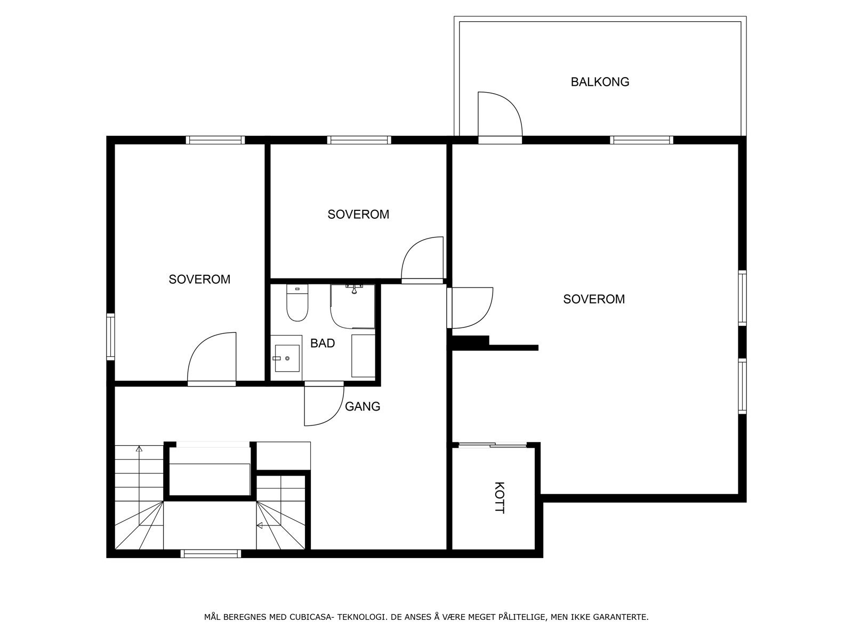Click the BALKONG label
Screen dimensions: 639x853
tap(600, 82)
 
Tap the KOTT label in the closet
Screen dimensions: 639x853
tap(499, 497)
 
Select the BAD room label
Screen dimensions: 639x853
tap(323, 343)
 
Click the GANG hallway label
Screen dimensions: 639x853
tap(363, 407)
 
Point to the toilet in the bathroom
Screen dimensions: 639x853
tap(297, 305)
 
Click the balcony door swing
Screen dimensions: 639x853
tap(499, 114)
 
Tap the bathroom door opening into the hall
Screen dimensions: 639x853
tap(323, 404)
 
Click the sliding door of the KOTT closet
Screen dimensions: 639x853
tap(493, 445)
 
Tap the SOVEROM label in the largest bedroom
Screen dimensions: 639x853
tap(593, 299)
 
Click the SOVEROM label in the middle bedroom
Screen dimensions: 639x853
tap(358, 215)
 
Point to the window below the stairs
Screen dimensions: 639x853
tap(211, 554)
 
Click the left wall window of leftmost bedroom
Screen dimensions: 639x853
tap(110, 337)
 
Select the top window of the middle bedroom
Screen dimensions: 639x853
tap(359, 141)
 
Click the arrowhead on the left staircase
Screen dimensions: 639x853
tap(139, 449)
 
